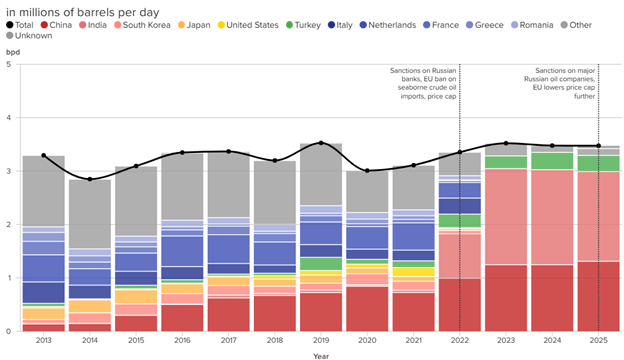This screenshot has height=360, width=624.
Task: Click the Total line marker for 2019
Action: tap(321, 143)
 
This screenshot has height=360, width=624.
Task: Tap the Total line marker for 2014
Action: tap(90, 179)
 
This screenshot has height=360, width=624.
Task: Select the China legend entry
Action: tap(56, 25)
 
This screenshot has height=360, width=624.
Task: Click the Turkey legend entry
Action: tap(303, 25)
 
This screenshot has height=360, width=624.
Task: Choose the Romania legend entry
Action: tap(532, 25)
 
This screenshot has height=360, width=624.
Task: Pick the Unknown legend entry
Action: tap(29, 36)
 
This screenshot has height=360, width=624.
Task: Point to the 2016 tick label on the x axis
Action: tap(182, 341)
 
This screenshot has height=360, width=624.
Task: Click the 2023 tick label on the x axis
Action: tap(506, 341)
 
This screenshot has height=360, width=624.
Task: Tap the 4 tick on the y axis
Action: tap(8, 118)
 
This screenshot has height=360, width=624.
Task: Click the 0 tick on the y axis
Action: tap(8, 331)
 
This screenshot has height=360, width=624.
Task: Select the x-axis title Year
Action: tap(321, 356)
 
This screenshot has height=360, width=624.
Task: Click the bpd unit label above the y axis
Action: tap(13, 52)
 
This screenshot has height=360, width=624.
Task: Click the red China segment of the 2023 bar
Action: tap(506, 298)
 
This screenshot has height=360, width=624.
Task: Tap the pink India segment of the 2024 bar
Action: tap(552, 217)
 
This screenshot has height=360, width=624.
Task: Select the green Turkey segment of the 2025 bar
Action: tap(599, 163)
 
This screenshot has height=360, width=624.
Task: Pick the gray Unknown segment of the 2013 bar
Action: tap(44, 191)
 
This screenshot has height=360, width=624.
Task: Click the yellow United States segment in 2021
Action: tap(413, 272)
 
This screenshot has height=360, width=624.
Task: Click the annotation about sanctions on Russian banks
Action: tap(423, 84)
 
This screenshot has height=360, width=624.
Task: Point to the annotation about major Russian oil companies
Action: tap(560, 84)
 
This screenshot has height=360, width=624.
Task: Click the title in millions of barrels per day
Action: tap(83, 12)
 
